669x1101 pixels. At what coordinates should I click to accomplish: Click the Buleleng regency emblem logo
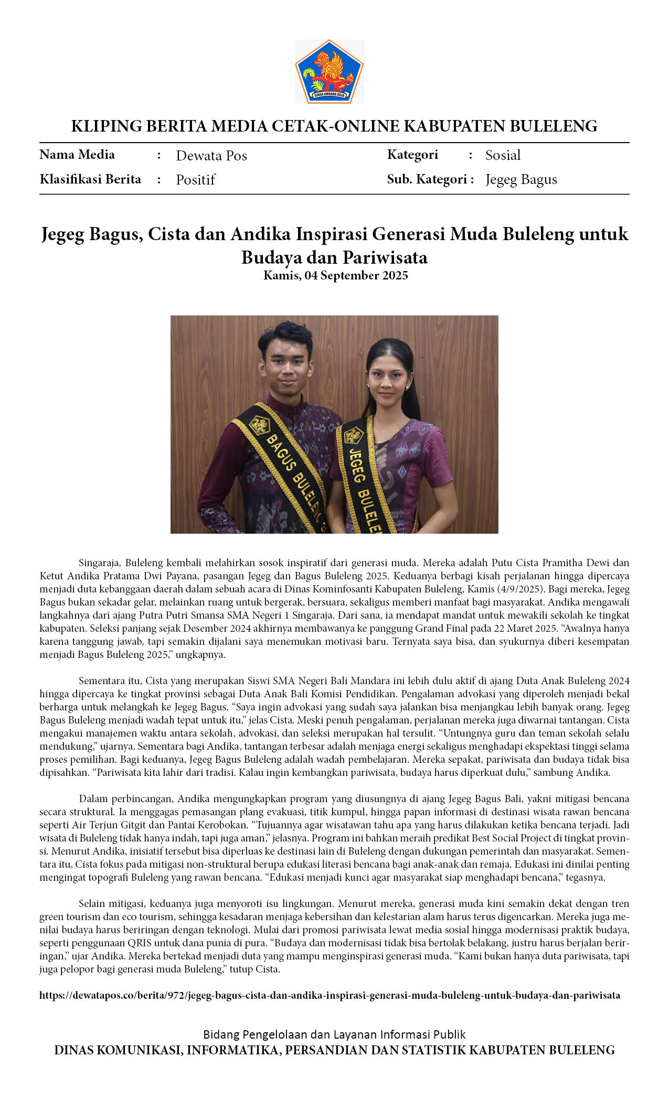[x=329, y=71]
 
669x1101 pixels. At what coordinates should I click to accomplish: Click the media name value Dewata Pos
[x=211, y=156]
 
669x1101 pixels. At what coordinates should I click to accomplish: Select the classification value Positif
[x=195, y=180]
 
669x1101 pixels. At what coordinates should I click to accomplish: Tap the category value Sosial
[x=503, y=155]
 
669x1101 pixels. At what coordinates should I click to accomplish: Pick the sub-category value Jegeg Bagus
[x=521, y=179]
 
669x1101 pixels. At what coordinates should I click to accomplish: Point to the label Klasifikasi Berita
[x=90, y=179]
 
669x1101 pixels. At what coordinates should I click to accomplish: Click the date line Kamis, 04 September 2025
[x=335, y=275]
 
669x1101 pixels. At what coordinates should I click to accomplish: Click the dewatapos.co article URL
[x=330, y=995]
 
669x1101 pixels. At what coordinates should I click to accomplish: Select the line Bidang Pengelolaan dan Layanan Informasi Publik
[x=334, y=1034]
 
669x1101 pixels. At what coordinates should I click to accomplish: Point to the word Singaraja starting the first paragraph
[x=100, y=563]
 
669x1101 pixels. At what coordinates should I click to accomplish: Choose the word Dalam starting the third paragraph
[x=93, y=798]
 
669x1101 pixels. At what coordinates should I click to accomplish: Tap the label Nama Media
[x=77, y=155]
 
